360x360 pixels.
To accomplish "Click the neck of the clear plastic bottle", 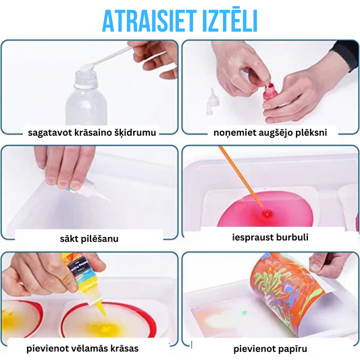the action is (x=85, y=79).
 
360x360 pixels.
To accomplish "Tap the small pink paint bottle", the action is (x=270, y=92).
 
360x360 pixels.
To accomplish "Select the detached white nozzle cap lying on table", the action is (x=212, y=101).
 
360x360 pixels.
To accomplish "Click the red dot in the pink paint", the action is (x=267, y=213).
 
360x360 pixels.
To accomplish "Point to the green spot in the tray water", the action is (x=244, y=313).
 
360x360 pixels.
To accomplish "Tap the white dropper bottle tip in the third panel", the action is (x=101, y=195).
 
